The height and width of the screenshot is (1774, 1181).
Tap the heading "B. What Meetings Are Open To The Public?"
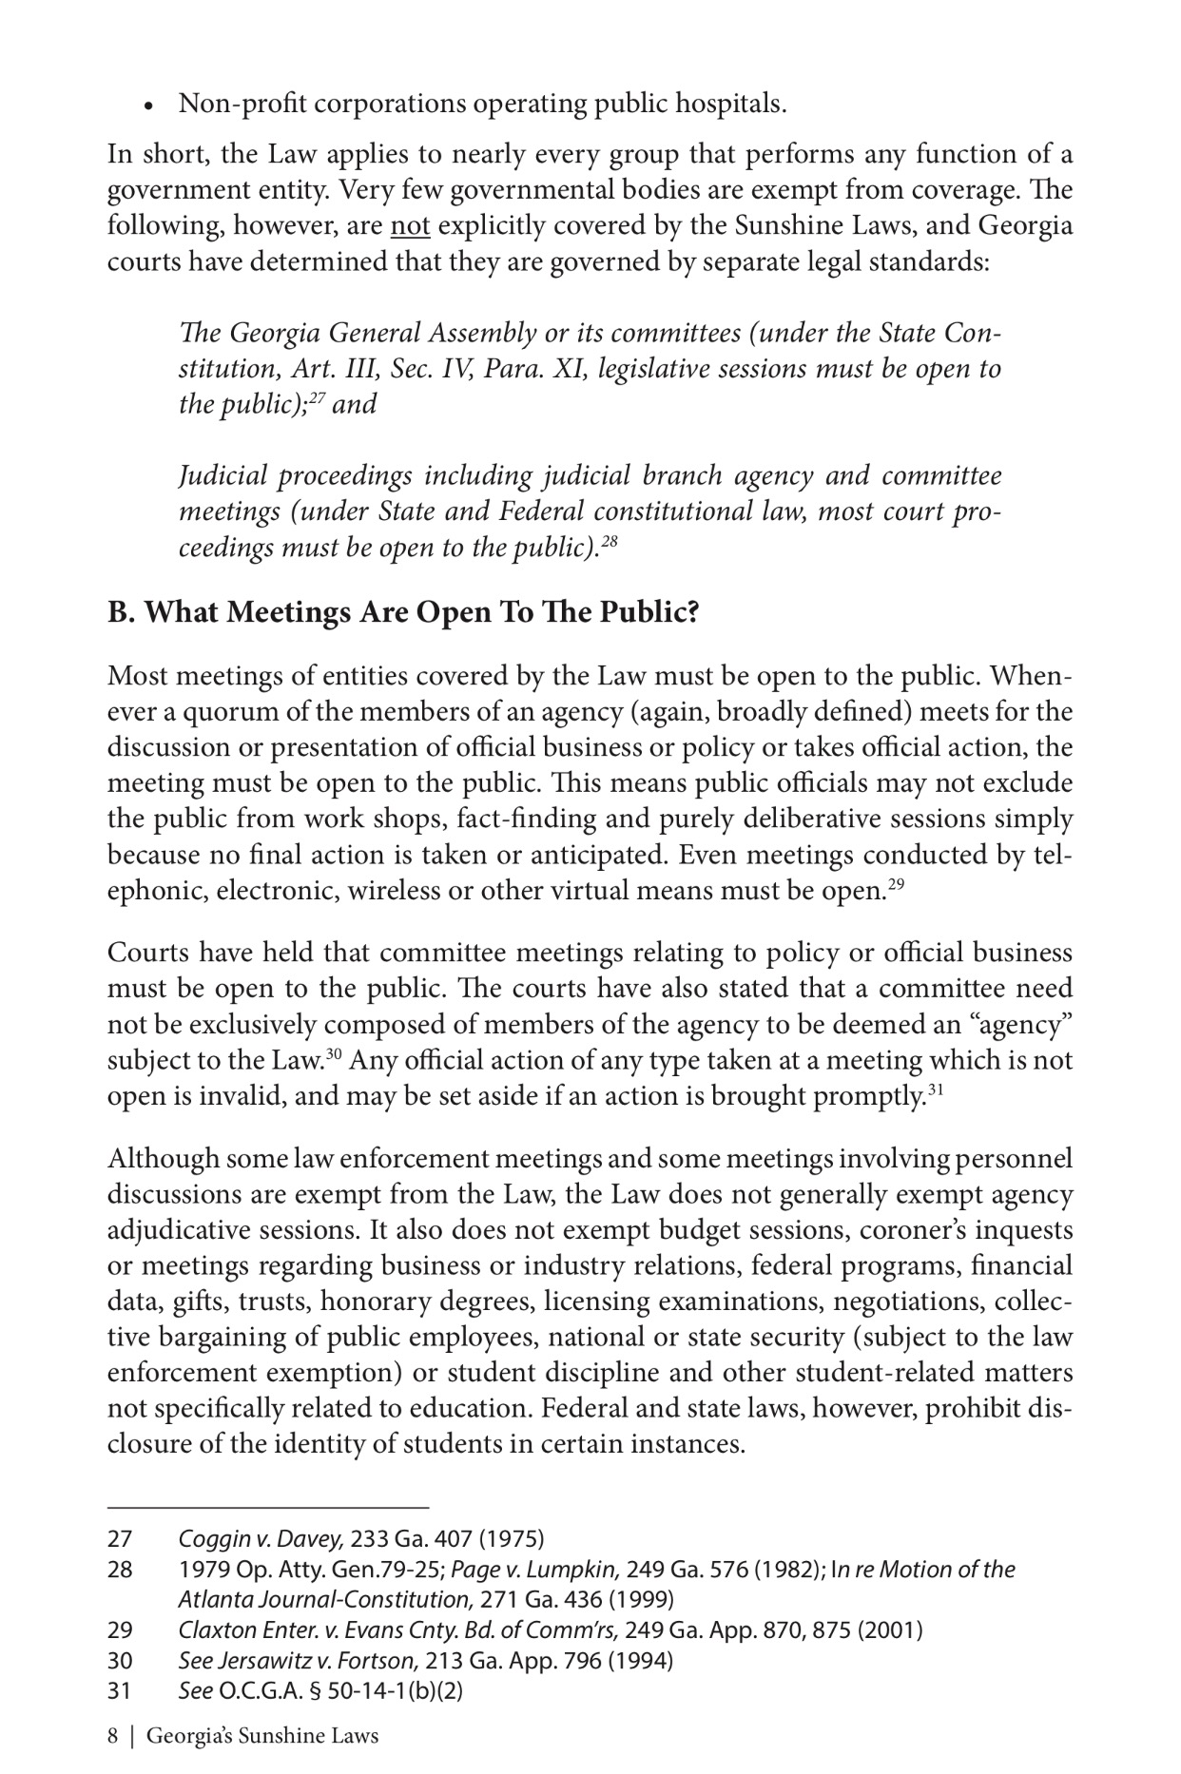pos(403,612)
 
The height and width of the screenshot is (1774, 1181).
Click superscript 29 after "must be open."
pos(895,885)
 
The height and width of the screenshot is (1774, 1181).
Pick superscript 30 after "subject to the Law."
pos(333,1053)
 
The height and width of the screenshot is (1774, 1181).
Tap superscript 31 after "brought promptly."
pos(935,1089)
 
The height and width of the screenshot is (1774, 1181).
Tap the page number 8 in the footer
pos(113,1737)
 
